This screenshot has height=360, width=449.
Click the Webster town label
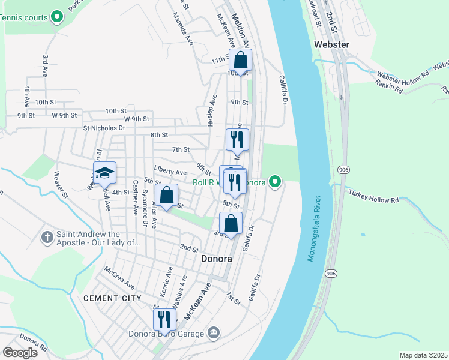(x=331, y=44)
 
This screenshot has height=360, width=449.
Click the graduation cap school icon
(x=104, y=173)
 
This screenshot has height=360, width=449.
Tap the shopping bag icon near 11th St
(x=240, y=60)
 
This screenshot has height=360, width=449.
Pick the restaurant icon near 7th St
(x=237, y=139)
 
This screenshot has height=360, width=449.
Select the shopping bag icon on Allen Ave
(x=167, y=195)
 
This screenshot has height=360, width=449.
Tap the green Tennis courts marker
(x=57, y=17)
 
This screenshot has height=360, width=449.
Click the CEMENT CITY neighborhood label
(x=112, y=298)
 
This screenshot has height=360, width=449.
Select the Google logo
(x=20, y=353)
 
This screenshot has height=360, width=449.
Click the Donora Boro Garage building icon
(x=214, y=333)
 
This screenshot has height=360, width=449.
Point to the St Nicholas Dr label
(x=104, y=128)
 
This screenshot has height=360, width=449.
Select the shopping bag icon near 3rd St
(x=231, y=223)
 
